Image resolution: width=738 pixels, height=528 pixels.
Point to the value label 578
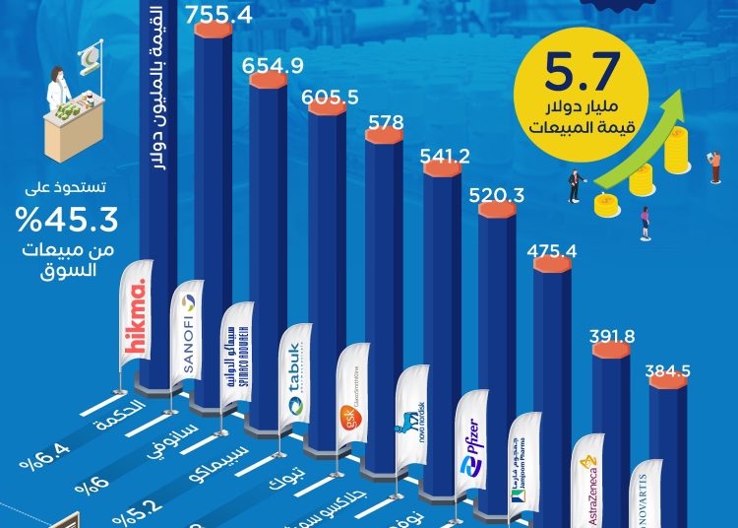383,123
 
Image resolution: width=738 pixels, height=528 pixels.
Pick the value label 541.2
445,155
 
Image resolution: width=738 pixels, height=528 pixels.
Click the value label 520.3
501,194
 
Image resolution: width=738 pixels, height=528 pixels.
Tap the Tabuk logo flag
293,368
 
